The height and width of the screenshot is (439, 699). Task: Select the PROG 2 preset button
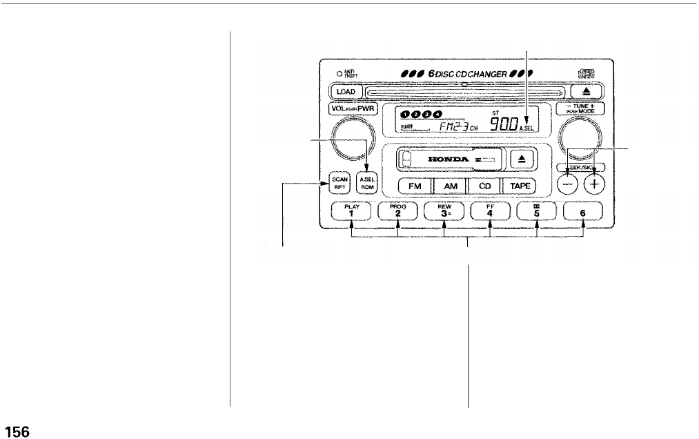click(x=398, y=211)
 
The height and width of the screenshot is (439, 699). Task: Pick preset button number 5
click(x=537, y=211)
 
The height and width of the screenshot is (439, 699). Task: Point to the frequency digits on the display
click(x=504, y=124)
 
